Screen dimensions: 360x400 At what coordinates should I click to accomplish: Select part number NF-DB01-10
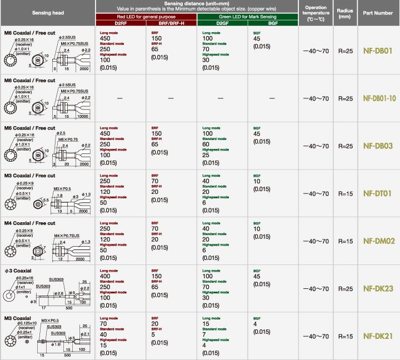379,98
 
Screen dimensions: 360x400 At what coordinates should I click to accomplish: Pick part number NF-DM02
378,241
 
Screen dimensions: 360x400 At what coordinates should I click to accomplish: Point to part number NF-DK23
378,288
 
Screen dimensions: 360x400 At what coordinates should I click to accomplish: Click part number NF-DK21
378,336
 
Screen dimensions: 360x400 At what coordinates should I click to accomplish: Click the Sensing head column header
48,13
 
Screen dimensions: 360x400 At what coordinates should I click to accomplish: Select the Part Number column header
378,13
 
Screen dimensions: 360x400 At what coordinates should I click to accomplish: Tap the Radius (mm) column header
344,13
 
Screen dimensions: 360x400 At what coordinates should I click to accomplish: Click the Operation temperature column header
316,13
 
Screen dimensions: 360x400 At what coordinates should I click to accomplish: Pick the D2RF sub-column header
121,23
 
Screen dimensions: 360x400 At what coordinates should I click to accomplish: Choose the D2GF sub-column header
222,23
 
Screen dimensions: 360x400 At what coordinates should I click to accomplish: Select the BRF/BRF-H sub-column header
171,23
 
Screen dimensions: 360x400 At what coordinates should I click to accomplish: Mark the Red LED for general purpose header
146,17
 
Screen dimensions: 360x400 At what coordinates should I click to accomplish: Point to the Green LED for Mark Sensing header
247,17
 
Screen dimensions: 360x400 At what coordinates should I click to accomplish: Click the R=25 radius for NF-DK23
345,289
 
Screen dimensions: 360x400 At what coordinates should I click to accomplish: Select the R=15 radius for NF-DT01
345,194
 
